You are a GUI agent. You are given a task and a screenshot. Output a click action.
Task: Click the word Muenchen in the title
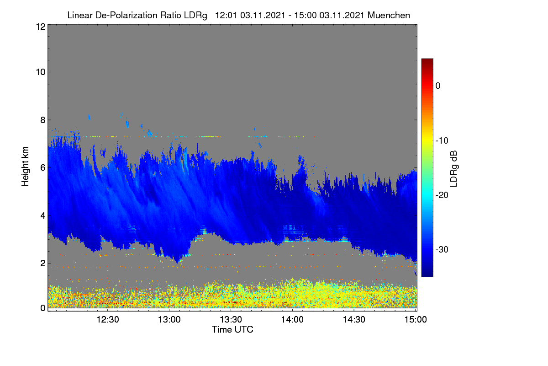(389, 15)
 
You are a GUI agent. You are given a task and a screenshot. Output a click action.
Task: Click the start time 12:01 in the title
(226, 15)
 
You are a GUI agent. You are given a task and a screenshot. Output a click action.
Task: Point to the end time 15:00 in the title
(306, 15)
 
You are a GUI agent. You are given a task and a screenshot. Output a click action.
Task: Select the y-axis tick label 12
(41, 27)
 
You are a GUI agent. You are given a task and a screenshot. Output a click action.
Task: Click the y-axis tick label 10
(41, 72)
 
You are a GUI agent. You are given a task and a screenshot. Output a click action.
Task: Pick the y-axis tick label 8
(43, 120)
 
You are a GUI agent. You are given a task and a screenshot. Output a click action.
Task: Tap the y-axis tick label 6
(43, 168)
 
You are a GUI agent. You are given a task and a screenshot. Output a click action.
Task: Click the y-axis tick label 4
(43, 216)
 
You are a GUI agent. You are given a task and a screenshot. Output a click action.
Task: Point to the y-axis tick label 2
(43, 263)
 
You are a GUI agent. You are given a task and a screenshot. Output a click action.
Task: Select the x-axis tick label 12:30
(108, 319)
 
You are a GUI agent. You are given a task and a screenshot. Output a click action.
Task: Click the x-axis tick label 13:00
(169, 319)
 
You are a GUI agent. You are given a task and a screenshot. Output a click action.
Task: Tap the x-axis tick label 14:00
(292, 319)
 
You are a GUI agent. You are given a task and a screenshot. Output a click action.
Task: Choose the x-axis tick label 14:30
(354, 319)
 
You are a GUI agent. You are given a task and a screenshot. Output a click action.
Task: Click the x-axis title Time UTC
(232, 329)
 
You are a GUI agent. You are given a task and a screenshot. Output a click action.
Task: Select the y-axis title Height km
(25, 167)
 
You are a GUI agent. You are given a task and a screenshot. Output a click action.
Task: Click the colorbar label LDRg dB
(454, 169)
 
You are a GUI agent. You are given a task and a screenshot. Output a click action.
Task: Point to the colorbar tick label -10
(442, 140)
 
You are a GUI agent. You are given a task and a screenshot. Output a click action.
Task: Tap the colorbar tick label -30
(442, 249)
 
